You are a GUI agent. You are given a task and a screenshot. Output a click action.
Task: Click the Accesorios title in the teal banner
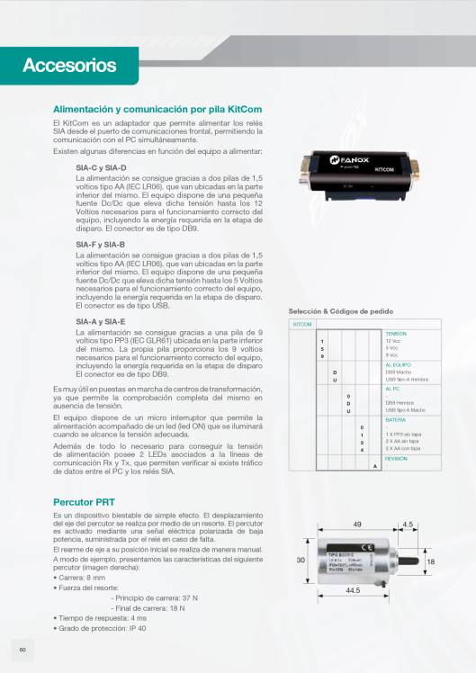coord(69,65)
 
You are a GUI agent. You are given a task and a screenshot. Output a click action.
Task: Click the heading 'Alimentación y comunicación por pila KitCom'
coord(157,109)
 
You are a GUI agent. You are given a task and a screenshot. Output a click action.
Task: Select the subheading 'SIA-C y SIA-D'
coord(101,168)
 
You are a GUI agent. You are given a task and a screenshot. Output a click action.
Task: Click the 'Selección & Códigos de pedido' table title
coord(340,310)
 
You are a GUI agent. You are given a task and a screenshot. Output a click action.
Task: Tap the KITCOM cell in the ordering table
coord(303,324)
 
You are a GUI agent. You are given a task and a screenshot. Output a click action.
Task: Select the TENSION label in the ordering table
coord(396,334)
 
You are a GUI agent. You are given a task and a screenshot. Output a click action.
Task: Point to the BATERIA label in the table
coord(396,420)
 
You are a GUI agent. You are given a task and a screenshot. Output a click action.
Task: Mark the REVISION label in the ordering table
coord(396,458)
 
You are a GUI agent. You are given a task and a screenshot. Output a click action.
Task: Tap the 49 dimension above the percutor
coord(357,524)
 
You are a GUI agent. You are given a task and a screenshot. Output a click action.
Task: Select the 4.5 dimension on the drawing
coord(408,524)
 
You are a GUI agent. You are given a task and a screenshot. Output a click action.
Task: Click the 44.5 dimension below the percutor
coord(353,590)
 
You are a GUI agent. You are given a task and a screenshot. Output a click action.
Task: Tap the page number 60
coord(22,650)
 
